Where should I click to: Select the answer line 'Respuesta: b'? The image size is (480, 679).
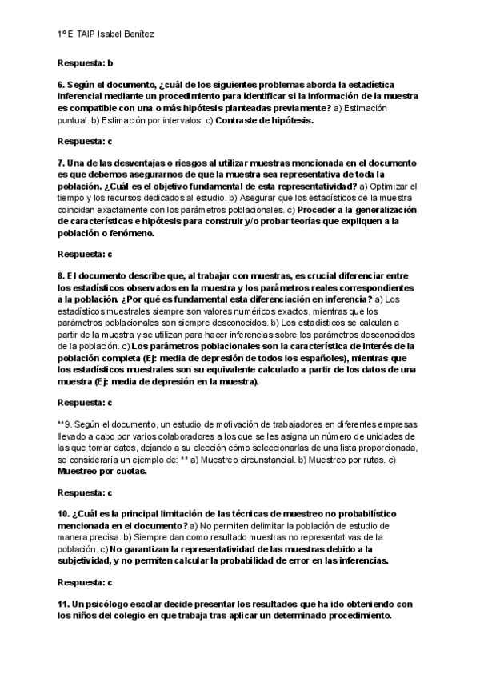coord(85,62)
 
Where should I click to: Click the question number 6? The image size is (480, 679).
coord(61,84)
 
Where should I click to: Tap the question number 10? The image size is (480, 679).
coord(63,512)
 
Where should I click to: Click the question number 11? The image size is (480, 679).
coord(63,604)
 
